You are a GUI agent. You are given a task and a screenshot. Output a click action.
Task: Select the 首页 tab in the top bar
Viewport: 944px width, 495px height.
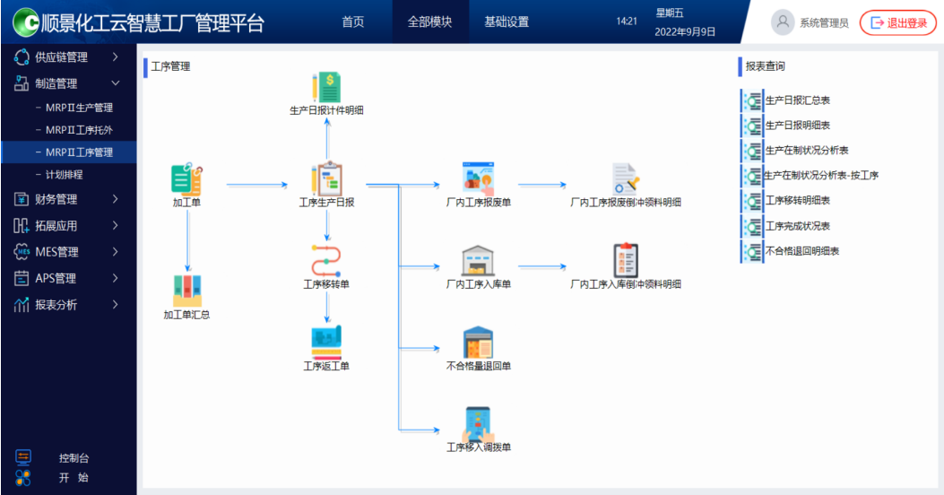coord(353,22)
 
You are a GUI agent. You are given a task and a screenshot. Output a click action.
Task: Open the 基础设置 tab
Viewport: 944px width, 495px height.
coord(507,22)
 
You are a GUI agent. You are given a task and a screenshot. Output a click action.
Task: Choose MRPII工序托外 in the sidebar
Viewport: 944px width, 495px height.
coord(79,130)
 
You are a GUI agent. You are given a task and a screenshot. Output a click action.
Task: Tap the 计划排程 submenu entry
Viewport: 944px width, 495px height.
coord(64,174)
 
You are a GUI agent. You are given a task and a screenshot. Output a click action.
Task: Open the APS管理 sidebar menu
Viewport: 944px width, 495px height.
coord(56,278)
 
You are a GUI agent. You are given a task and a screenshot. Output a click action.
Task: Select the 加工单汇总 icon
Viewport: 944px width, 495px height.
coord(186,290)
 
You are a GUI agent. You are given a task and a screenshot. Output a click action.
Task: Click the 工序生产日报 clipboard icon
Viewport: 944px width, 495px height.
coord(326,178)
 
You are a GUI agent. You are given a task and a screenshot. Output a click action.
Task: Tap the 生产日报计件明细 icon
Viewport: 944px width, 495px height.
coord(326,88)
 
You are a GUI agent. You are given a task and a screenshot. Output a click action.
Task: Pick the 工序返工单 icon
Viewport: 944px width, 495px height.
coord(326,342)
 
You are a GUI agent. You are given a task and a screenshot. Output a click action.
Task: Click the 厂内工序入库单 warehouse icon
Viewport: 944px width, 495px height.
coord(478,261)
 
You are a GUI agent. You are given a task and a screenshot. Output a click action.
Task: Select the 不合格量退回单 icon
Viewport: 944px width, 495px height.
coord(478,343)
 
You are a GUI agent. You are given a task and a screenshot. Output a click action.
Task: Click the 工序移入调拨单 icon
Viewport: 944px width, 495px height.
coord(478,423)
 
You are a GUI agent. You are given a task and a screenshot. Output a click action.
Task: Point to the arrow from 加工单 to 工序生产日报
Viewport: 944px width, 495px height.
coord(255,187)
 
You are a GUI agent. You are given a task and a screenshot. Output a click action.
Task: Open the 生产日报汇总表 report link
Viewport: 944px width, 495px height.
coord(797,100)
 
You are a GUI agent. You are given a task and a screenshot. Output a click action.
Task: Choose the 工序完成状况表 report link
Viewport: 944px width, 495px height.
coord(797,226)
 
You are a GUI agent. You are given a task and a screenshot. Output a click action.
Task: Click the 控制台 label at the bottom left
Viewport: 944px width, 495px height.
coord(74,458)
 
